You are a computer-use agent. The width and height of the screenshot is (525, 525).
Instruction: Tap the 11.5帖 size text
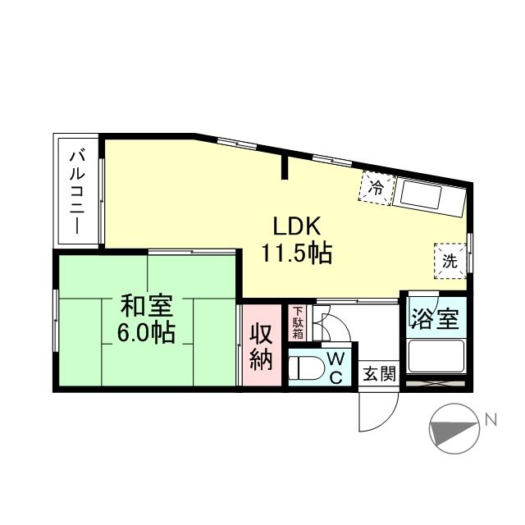(x=296, y=253)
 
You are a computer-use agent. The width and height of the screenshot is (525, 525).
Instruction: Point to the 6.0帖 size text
(x=146, y=333)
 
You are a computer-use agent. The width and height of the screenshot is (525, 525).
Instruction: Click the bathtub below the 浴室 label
(x=436, y=358)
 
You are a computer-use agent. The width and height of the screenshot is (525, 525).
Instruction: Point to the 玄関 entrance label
(x=380, y=374)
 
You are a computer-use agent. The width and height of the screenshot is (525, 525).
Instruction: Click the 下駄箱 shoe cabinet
(x=298, y=322)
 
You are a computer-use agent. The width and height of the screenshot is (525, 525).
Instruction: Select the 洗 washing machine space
(x=450, y=262)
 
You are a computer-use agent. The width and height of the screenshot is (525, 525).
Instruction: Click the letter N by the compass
(x=491, y=421)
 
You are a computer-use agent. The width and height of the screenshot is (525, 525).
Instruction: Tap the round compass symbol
(x=454, y=429)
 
